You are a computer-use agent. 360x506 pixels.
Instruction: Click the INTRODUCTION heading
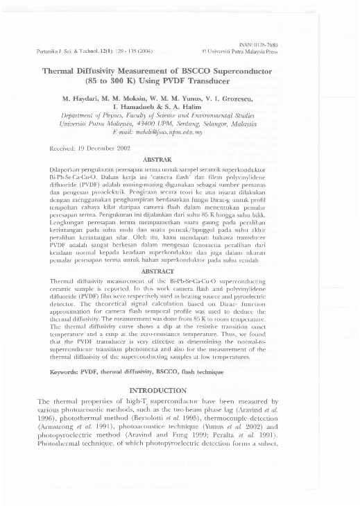click(x=180, y=391)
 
